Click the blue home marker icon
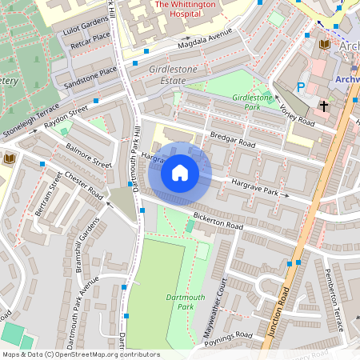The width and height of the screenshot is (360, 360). pyautogui.click(x=180, y=173)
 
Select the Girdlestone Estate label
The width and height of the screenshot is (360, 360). pyautogui.click(x=172, y=75)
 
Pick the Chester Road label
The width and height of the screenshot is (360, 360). pyautogui.click(x=85, y=185)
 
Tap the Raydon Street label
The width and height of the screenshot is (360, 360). pyautogui.click(x=66, y=118)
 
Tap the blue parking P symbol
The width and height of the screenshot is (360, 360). pyautogui.click(x=301, y=87)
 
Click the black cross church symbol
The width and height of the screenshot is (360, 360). pyautogui.click(x=324, y=106)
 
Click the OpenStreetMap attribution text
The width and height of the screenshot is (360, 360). pyautogui.click(x=81, y=354)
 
